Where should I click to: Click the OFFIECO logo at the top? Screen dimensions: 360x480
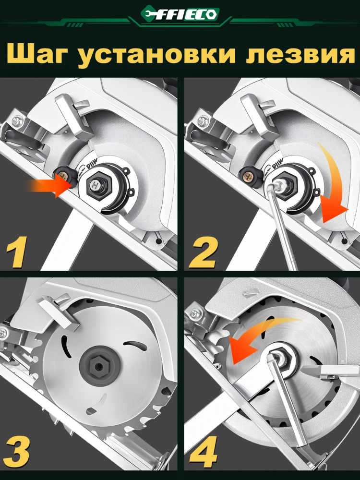180,14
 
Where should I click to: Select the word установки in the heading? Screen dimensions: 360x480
156,55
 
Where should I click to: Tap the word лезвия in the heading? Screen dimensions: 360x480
300,55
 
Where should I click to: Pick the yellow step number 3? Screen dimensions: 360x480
17,451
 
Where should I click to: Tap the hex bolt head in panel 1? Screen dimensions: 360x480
96,185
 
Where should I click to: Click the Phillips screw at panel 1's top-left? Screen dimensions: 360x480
17,120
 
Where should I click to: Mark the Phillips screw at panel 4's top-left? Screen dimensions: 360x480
193,314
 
